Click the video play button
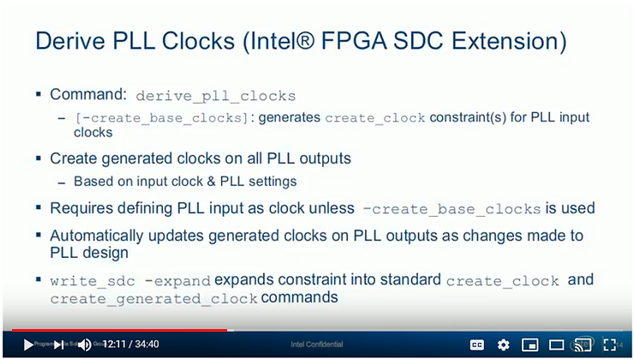coord(27,345)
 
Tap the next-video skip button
coord(58,345)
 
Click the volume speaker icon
coord(85,345)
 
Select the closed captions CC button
coord(477,345)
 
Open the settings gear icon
coord(503,345)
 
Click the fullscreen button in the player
coord(609,345)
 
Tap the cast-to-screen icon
coord(582,345)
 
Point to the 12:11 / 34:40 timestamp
coord(131,345)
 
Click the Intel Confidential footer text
coord(317,345)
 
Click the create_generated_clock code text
coord(154,299)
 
